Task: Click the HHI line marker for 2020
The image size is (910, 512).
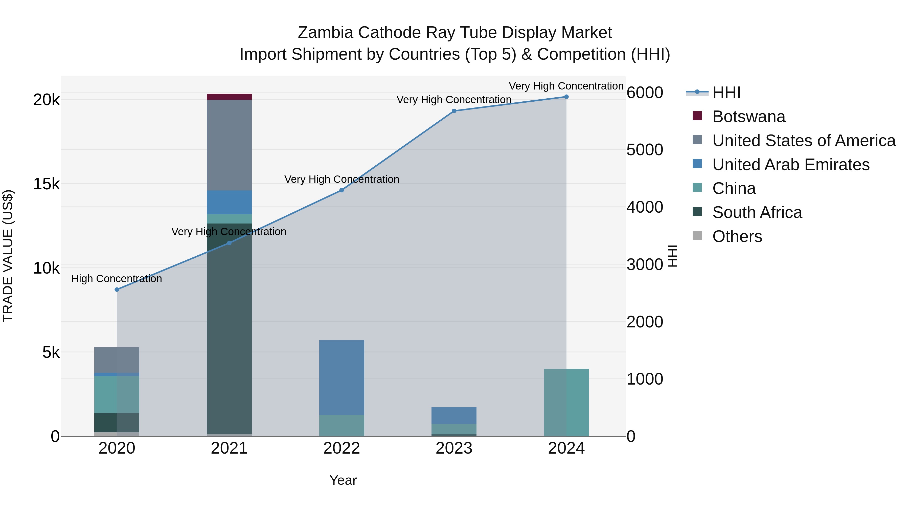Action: [117, 290]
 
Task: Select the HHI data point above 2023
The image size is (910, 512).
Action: [454, 111]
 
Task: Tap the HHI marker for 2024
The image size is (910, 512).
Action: [566, 97]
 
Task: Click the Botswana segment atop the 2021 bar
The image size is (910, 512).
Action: [229, 97]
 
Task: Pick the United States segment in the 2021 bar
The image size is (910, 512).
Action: [229, 145]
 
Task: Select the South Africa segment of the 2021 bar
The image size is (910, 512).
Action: [229, 329]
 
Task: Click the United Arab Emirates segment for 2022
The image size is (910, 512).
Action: [342, 377]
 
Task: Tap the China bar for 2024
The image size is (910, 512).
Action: [566, 403]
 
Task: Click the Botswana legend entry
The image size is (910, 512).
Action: [748, 117]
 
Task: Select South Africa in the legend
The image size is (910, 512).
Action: [757, 212]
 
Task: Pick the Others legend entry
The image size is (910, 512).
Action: [737, 236]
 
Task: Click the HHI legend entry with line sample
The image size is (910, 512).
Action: [726, 93]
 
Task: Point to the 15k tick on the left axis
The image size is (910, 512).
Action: [46, 184]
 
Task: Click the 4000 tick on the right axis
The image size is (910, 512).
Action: [645, 207]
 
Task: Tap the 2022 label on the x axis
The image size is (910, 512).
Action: [342, 448]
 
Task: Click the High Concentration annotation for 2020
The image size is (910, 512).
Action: [117, 279]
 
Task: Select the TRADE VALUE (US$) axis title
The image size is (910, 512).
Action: [8, 256]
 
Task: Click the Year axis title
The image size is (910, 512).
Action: [343, 480]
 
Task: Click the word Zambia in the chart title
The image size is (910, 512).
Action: [325, 33]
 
